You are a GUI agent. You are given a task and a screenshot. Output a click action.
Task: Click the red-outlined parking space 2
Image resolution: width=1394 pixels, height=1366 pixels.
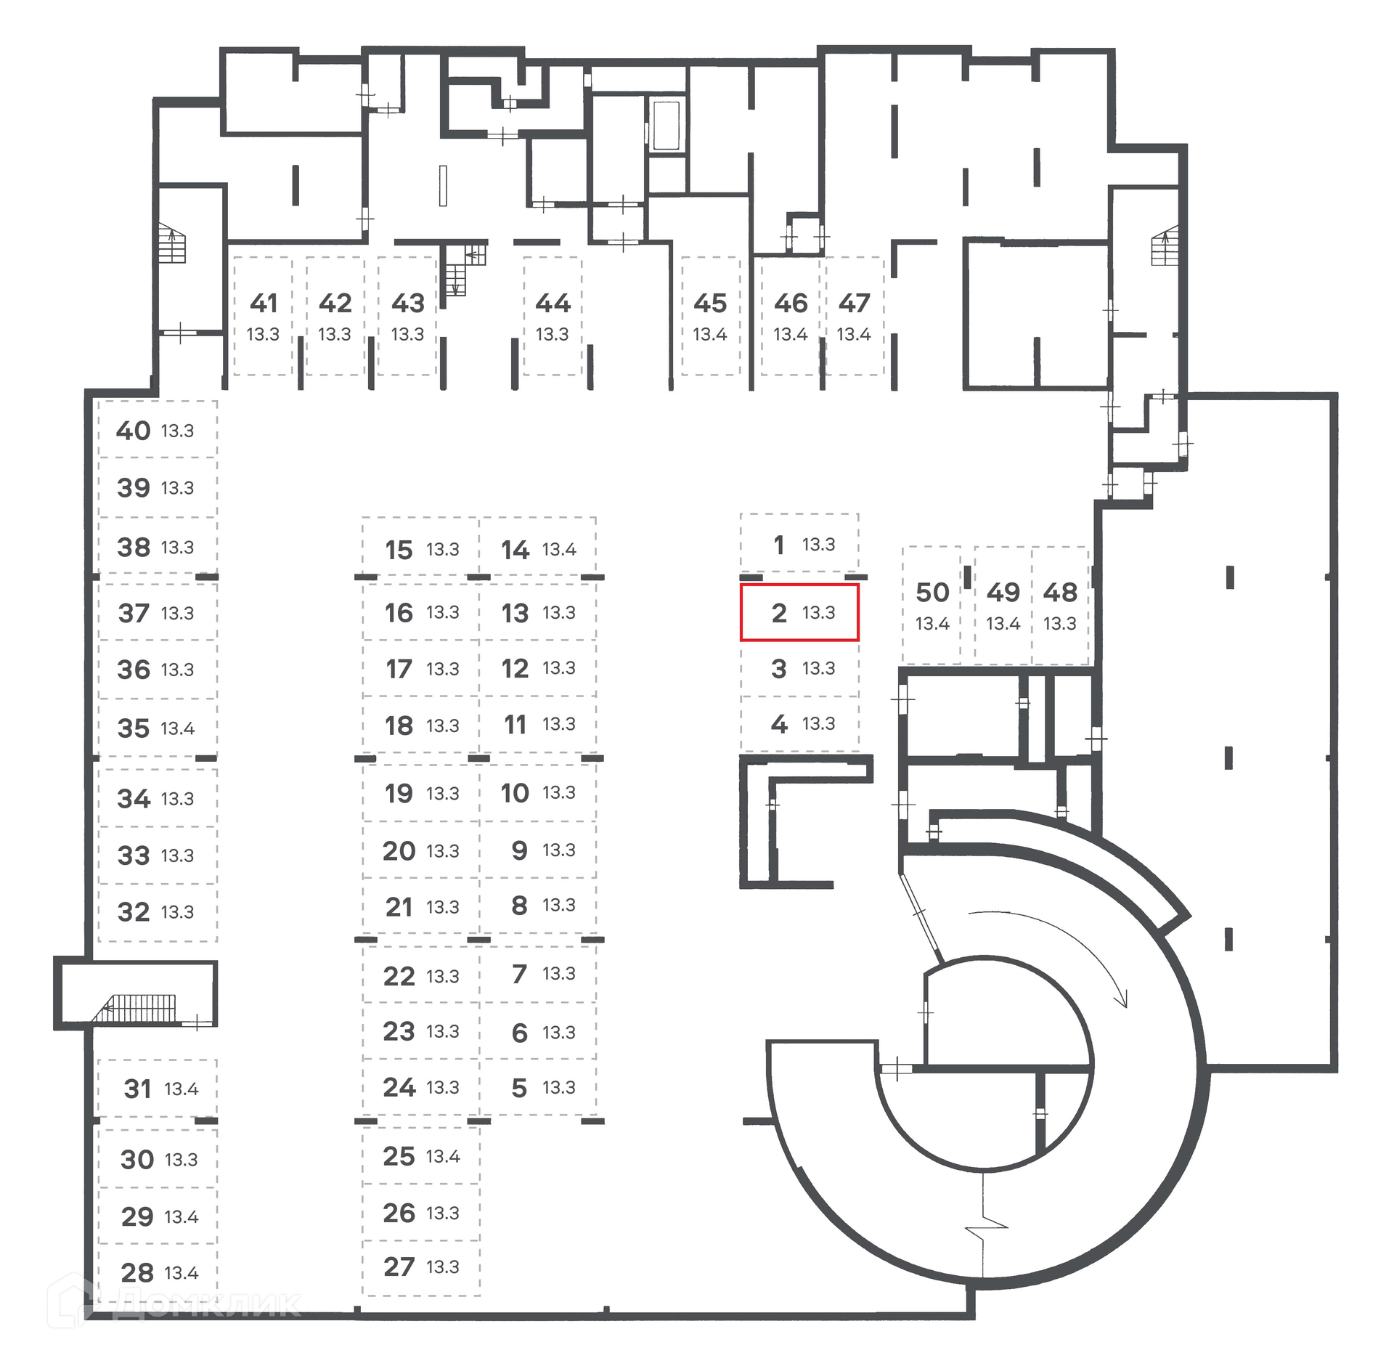click(799, 612)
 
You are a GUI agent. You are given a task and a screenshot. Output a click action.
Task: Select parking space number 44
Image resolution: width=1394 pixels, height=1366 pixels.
click(553, 316)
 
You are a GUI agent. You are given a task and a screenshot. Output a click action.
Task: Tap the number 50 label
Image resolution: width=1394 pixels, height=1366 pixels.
click(932, 593)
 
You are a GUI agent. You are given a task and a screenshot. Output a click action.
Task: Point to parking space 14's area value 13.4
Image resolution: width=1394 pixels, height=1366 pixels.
click(559, 550)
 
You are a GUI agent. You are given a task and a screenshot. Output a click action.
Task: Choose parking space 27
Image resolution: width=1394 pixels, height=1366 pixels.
click(421, 1267)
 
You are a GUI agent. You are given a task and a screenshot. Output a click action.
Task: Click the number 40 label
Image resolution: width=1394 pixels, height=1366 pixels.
click(134, 431)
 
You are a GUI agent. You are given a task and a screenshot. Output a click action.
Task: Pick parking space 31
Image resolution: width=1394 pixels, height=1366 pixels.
click(158, 1088)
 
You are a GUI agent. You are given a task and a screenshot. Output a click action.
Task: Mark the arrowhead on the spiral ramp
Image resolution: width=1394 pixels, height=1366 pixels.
click(1122, 999)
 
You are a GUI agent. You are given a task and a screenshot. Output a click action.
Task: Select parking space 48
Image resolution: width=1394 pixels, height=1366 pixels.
click(1060, 605)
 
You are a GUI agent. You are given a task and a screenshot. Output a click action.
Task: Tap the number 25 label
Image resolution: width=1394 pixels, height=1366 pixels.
click(399, 1156)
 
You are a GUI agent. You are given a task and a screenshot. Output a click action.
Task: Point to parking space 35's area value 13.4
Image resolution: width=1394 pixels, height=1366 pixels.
click(177, 728)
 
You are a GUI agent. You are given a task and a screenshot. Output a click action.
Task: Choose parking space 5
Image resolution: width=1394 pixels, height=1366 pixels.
click(538, 1087)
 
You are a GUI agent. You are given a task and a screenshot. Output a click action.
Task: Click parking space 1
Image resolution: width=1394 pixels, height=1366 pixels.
click(799, 544)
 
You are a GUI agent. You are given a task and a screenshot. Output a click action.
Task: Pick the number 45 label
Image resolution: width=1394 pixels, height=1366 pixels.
click(710, 303)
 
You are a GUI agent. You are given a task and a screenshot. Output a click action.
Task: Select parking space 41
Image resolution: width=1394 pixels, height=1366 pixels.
click(263, 316)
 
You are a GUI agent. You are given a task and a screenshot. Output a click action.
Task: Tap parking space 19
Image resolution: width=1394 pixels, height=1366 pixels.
click(421, 793)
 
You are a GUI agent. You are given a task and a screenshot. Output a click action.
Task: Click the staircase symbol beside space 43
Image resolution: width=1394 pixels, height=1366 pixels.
click(465, 269)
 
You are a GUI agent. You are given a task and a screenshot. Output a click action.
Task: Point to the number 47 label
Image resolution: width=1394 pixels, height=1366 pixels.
click(854, 303)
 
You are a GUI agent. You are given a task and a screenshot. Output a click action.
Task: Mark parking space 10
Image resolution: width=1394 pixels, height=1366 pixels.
click(538, 793)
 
